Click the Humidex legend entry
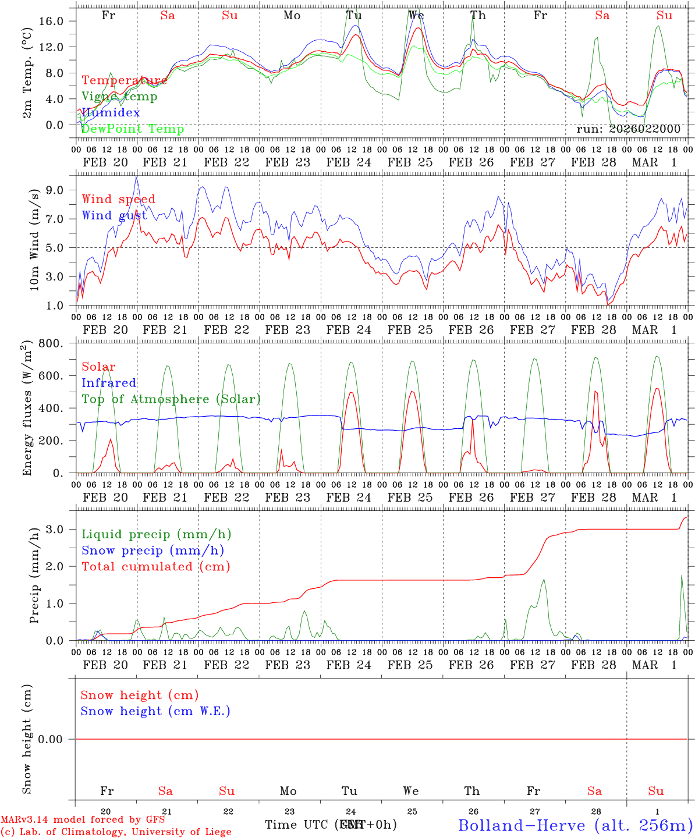111,113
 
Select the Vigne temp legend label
119,97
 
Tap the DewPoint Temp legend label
133,129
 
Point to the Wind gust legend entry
114,215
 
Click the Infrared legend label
109,383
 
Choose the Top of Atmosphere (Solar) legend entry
171,399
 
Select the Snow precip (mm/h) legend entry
153,551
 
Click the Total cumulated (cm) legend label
155,567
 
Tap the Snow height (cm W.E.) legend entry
155,711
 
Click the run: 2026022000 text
628,129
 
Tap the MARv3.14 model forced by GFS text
83,819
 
